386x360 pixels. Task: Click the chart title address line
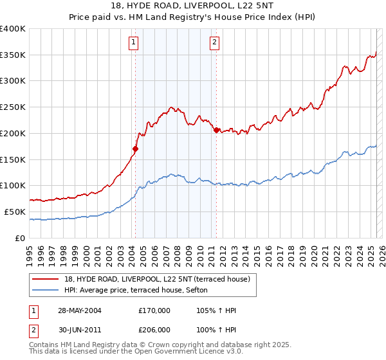click(192, 7)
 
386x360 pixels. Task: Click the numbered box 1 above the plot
click(133, 43)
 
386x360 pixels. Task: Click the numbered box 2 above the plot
click(214, 43)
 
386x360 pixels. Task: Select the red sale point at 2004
click(135, 149)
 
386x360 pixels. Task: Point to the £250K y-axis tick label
click(12, 107)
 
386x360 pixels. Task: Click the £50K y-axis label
click(15, 212)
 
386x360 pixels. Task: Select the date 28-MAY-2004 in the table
click(80, 310)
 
